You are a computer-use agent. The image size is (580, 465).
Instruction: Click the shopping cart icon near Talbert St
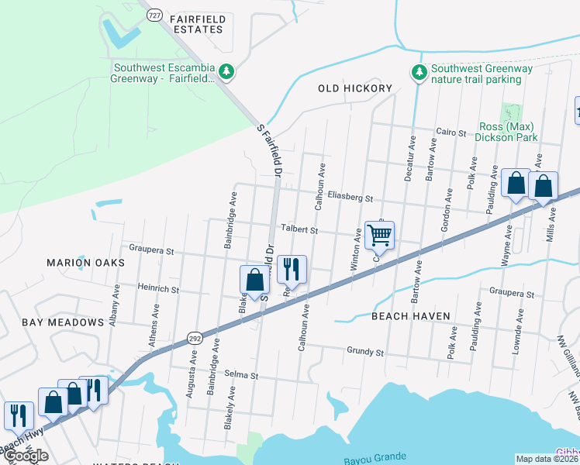click(380, 235)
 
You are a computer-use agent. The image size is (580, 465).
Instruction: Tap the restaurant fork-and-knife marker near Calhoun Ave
click(292, 270)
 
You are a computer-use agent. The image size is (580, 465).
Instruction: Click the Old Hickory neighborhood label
click(355, 88)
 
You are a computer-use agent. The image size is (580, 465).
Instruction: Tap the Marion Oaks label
click(85, 263)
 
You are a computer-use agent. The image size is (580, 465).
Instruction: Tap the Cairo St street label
click(451, 133)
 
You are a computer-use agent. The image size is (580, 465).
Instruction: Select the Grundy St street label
click(365, 351)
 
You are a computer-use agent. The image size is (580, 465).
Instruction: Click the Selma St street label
click(240, 374)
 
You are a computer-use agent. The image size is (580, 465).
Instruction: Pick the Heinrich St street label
click(158, 290)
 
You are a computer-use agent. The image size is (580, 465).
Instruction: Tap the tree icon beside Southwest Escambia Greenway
click(226, 72)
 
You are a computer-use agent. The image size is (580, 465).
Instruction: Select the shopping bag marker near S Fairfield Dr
click(254, 281)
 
